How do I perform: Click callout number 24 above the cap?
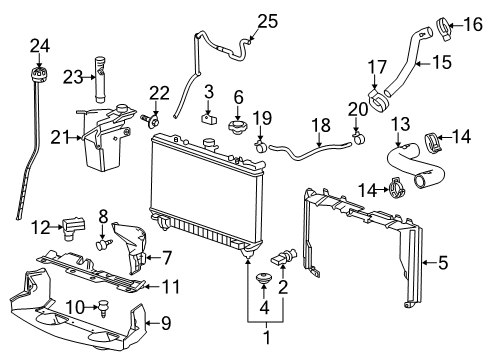(x=39, y=44)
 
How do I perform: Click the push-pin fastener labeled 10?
(x=101, y=310)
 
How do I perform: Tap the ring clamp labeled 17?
(x=379, y=101)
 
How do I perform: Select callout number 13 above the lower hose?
(x=400, y=124)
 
